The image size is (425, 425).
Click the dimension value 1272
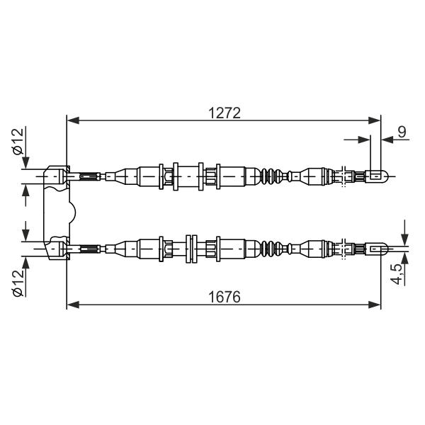pyautogui.click(x=225, y=113)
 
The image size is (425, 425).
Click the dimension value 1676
pyautogui.click(x=225, y=297)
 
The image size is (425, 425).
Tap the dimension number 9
pyautogui.click(x=402, y=132)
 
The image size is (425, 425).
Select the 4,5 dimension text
pyautogui.click(x=397, y=273)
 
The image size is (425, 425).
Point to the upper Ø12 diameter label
pyautogui.click(x=18, y=142)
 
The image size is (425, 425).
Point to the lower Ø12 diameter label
pyautogui.click(x=18, y=283)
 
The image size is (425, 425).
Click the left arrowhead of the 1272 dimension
pyautogui.click(x=73, y=120)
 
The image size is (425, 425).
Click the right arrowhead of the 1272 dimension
pyautogui.click(x=375, y=120)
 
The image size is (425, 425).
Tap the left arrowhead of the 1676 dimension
pyautogui.click(x=73, y=305)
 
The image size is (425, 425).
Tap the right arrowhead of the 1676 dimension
pyautogui.click(x=375, y=305)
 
